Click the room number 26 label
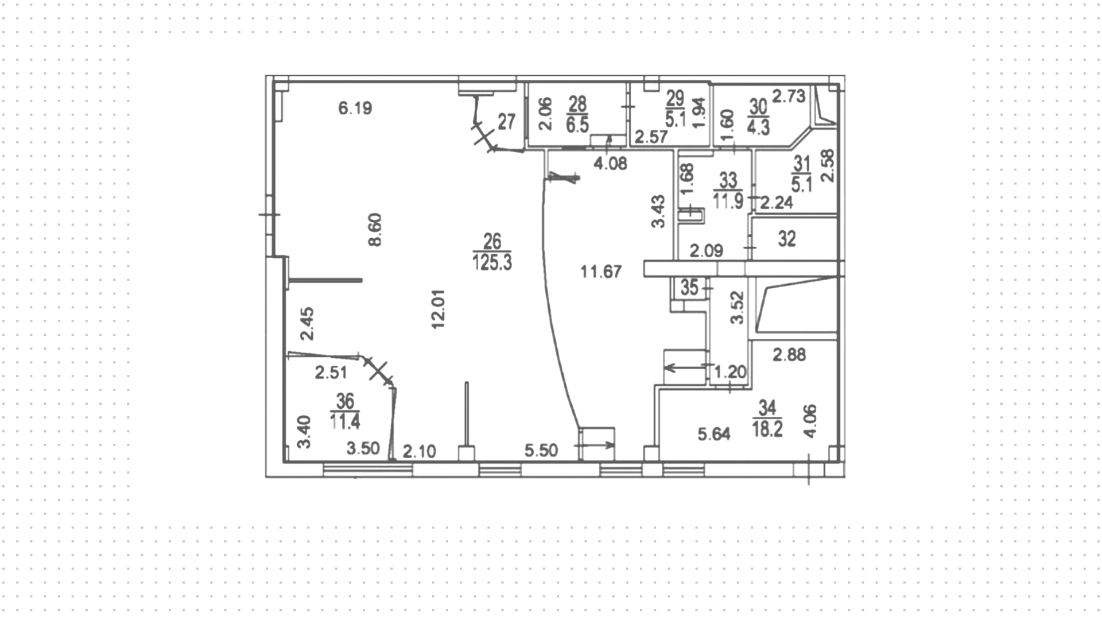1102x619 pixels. click(492, 241)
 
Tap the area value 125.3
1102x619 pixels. click(492, 262)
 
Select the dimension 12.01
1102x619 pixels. click(439, 309)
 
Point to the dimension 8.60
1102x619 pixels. click(375, 230)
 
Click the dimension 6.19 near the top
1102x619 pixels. click(355, 108)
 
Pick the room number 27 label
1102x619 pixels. click(506, 122)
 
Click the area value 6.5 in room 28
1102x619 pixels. click(577, 125)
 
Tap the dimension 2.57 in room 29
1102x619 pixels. click(651, 137)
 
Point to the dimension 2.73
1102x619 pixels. click(789, 96)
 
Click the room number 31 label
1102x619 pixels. click(801, 164)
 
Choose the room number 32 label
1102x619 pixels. click(787, 239)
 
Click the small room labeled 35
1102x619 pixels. click(689, 287)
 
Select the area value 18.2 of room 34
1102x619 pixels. click(767, 429)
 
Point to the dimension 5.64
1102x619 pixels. click(714, 435)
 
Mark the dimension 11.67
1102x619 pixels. click(601, 272)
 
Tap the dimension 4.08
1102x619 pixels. click(610, 164)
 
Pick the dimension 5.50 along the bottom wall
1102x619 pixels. click(541, 450)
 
